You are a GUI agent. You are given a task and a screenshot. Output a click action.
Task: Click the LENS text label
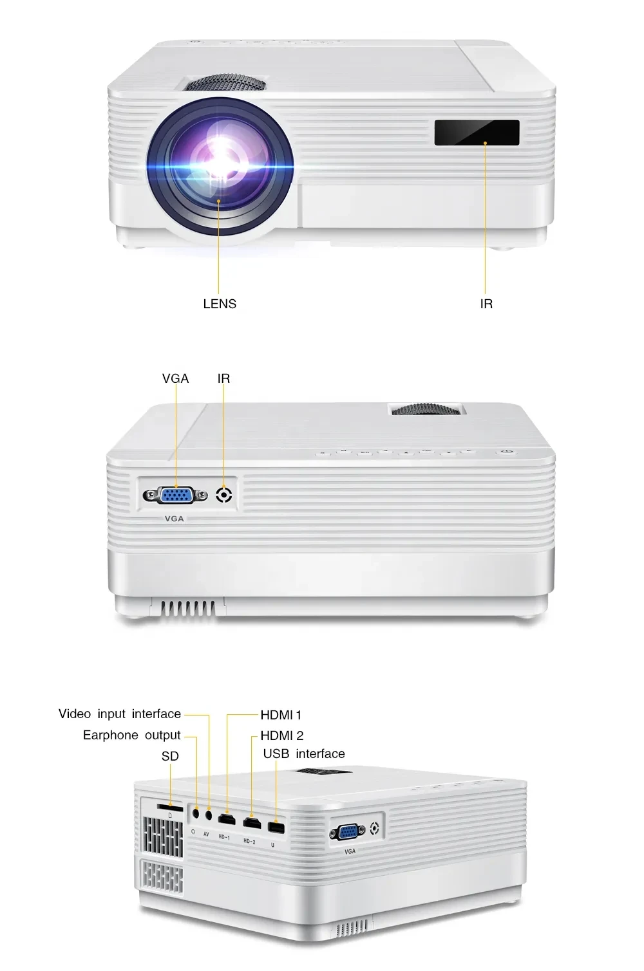220,304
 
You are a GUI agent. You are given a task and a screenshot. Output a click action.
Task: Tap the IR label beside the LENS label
486,304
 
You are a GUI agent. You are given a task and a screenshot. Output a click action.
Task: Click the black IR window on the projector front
477,133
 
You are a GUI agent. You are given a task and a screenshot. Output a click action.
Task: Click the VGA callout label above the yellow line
175,378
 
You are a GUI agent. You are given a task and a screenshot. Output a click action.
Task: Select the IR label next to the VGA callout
223,378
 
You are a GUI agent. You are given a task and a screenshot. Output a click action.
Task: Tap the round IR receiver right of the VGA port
223,495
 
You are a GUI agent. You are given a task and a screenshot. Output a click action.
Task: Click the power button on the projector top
507,452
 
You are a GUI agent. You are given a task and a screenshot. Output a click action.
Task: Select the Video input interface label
120,714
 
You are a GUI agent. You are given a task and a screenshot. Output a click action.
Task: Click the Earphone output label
132,735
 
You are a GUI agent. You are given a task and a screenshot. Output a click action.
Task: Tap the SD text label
170,756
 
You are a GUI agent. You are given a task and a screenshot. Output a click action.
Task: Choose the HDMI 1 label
281,715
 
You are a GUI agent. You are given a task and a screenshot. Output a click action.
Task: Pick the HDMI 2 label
282,735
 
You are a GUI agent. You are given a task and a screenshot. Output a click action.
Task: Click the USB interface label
304,754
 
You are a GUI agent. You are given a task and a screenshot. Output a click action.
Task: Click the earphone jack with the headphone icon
196,813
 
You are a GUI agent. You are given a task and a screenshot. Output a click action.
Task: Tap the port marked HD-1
227,820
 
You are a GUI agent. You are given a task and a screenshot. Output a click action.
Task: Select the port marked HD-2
251,822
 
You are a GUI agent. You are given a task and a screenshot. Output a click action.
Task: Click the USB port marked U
276,828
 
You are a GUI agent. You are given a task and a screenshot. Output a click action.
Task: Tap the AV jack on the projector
209,815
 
